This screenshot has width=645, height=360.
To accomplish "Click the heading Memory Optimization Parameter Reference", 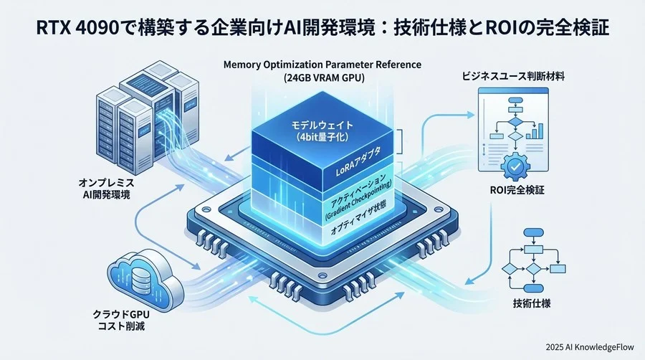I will pyautogui.click(x=322, y=65).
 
